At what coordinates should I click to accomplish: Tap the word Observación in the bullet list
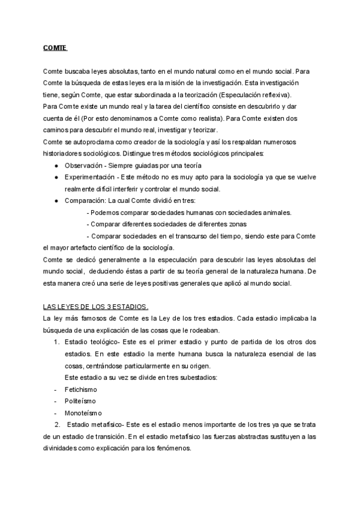tap(83, 165)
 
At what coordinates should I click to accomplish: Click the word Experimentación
tap(89, 178)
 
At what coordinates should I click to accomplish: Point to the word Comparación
tap(85, 200)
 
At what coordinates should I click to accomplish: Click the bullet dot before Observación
tap(56, 165)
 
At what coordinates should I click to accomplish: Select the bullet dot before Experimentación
tap(56, 178)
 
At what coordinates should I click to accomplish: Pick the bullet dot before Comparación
tap(56, 200)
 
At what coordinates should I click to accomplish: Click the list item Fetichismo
tap(81, 389)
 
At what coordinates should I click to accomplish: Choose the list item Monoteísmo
tap(83, 412)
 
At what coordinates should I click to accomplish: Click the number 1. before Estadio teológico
tap(56, 342)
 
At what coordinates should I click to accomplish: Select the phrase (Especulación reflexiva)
tap(254, 95)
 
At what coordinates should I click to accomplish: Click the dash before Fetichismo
tap(55, 389)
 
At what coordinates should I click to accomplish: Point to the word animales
tap(275, 212)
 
